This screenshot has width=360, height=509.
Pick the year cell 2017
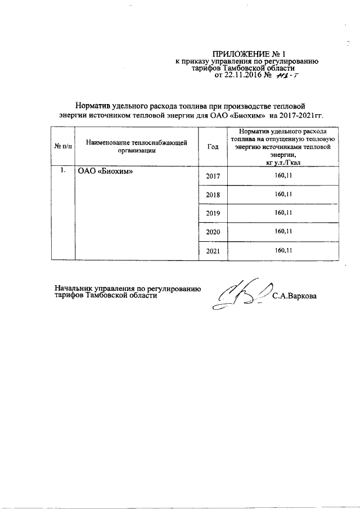pos(213,177)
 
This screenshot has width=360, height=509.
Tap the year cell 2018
pos(213,195)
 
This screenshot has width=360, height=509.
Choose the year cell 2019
pos(213,213)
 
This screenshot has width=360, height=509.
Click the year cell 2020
pos(213,232)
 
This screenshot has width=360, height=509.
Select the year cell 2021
pos(213,251)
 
